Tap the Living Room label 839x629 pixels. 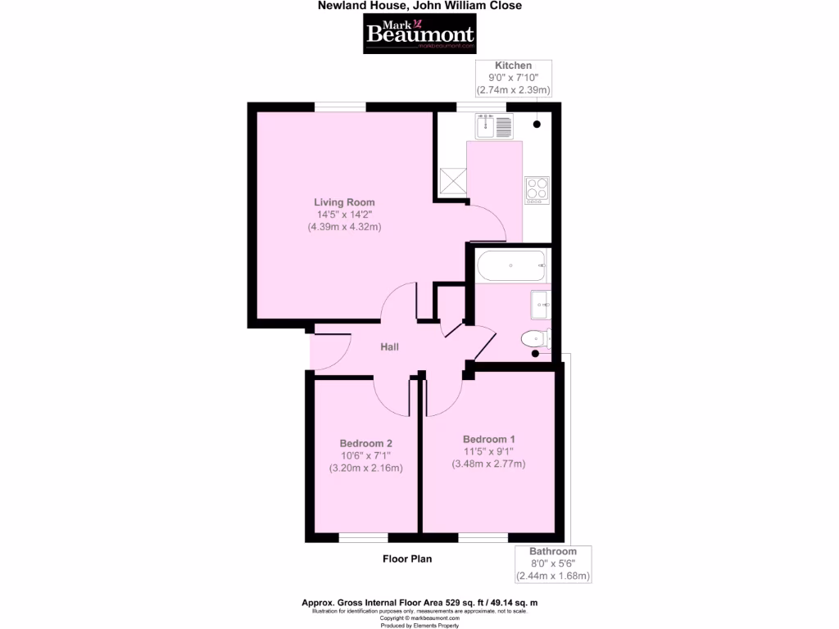(344, 201)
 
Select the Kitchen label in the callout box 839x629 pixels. (513, 66)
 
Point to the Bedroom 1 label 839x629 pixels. (488, 438)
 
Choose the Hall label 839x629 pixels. (389, 347)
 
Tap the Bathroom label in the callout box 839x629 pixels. (552, 551)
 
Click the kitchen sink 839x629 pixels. (493, 126)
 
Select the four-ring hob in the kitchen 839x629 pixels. (537, 190)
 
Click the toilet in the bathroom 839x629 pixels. (537, 337)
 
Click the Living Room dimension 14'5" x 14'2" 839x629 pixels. (344, 214)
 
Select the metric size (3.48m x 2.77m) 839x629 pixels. (488, 464)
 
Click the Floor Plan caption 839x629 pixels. (407, 559)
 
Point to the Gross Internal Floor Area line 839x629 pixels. (419, 602)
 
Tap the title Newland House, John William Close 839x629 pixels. (419, 6)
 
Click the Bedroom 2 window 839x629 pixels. (364, 538)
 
